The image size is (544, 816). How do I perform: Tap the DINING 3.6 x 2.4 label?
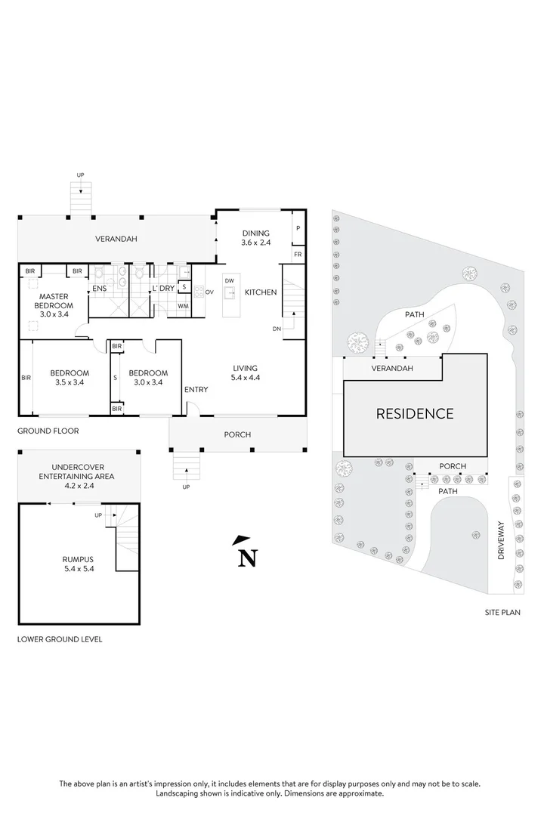(x=255, y=238)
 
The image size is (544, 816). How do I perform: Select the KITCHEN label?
(x=261, y=292)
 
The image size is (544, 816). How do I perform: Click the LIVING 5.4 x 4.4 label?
(x=246, y=372)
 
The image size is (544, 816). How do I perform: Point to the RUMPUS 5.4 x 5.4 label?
(x=78, y=564)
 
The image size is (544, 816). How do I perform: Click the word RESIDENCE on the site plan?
(x=416, y=413)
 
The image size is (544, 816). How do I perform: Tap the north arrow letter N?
(x=246, y=558)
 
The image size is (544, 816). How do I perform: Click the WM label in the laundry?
(x=183, y=306)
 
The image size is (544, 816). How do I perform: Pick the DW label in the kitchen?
(x=230, y=281)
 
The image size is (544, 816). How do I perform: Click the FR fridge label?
(x=298, y=255)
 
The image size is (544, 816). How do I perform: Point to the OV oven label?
(x=210, y=292)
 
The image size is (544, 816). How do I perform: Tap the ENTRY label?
(x=196, y=389)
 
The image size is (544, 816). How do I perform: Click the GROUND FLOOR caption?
(x=48, y=431)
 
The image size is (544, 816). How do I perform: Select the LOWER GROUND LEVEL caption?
(x=60, y=639)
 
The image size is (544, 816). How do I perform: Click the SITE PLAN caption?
(x=502, y=613)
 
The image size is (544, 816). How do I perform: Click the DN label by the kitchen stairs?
(x=277, y=329)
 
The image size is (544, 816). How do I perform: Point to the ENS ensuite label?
(x=100, y=289)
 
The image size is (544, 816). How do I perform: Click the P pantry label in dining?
(x=298, y=227)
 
